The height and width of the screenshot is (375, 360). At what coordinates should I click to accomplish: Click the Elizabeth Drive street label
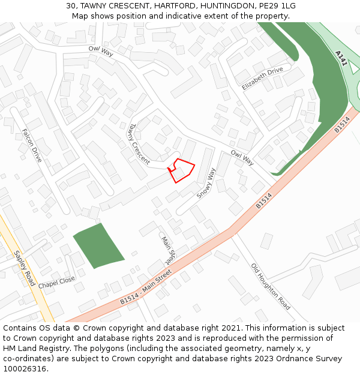pos(262,79)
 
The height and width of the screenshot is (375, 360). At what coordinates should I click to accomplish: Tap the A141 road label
pos(341,58)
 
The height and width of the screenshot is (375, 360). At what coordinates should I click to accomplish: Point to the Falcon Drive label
pos(32,145)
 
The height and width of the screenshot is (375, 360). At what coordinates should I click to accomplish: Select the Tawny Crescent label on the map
pos(138,143)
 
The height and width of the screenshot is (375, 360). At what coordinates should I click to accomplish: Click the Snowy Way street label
pos(206,183)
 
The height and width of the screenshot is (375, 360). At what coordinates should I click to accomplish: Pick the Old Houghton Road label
pos(271,286)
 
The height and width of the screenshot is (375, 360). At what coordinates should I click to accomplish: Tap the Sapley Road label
pos(25,268)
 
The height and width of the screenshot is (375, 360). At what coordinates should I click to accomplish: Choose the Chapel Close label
pos(57,282)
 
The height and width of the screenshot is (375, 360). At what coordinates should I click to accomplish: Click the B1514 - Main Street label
pos(146,287)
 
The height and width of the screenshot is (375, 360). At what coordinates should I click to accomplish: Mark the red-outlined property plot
pos(181,170)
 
